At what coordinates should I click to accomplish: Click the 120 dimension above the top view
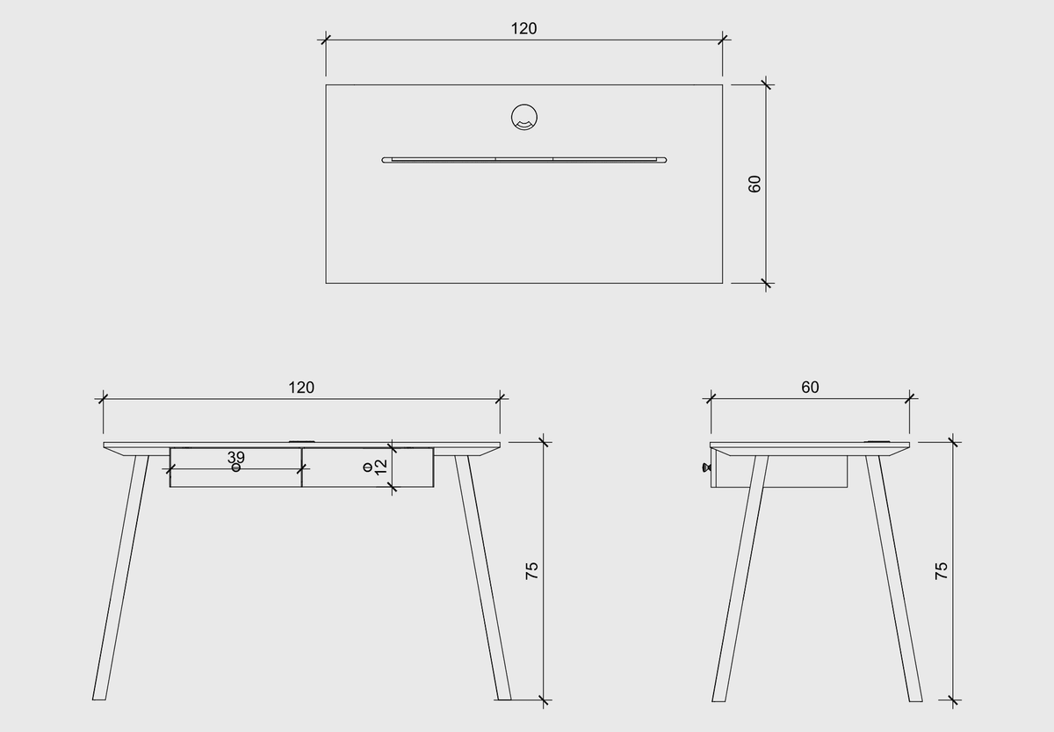(523, 29)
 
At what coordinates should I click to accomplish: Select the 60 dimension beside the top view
(754, 184)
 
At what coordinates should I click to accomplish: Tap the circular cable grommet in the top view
(524, 117)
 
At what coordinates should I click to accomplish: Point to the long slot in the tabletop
(524, 160)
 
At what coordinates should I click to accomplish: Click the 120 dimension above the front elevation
(301, 388)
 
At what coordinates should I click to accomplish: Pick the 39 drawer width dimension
(235, 457)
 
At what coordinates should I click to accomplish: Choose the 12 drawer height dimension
(381, 467)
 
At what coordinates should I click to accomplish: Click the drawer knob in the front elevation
(236, 467)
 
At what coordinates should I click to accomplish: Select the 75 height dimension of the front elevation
(531, 570)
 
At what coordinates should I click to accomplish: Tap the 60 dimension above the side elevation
(810, 387)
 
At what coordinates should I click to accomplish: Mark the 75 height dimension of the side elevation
(941, 570)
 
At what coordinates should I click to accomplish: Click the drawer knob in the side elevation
(706, 467)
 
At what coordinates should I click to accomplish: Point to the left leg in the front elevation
(120, 577)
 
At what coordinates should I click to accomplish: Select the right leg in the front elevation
(483, 577)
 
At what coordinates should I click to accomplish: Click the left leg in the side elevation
(740, 578)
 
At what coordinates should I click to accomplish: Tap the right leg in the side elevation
(894, 578)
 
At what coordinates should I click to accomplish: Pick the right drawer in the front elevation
(367, 467)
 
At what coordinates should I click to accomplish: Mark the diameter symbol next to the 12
(368, 467)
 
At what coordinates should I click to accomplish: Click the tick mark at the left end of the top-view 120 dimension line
(326, 40)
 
